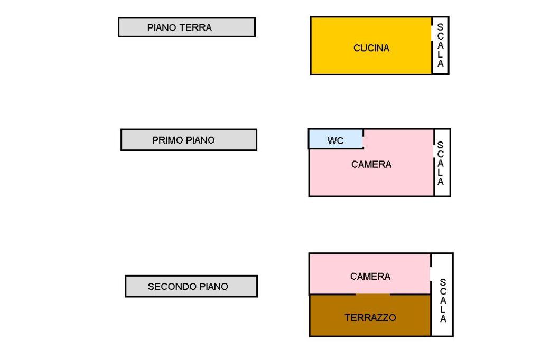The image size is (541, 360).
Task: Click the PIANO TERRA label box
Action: [186, 27]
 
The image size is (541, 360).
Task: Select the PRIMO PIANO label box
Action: [189, 140]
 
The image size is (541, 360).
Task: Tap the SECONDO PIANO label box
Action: [191, 286]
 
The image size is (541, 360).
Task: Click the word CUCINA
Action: [371, 49]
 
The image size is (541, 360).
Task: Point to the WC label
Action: [335, 141]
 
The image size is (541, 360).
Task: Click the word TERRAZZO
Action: [370, 318]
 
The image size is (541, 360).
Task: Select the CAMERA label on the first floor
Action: [371, 165]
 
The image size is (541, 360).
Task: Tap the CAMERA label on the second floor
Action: [370, 276]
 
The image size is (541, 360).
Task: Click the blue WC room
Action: [322, 139]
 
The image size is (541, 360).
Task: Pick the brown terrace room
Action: [370, 327]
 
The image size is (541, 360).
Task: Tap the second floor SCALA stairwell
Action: [443, 301]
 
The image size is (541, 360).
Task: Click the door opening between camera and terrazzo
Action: [372, 294]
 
